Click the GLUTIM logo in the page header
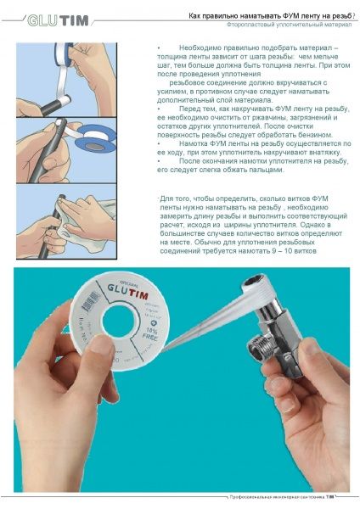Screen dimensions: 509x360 click(56, 20)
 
